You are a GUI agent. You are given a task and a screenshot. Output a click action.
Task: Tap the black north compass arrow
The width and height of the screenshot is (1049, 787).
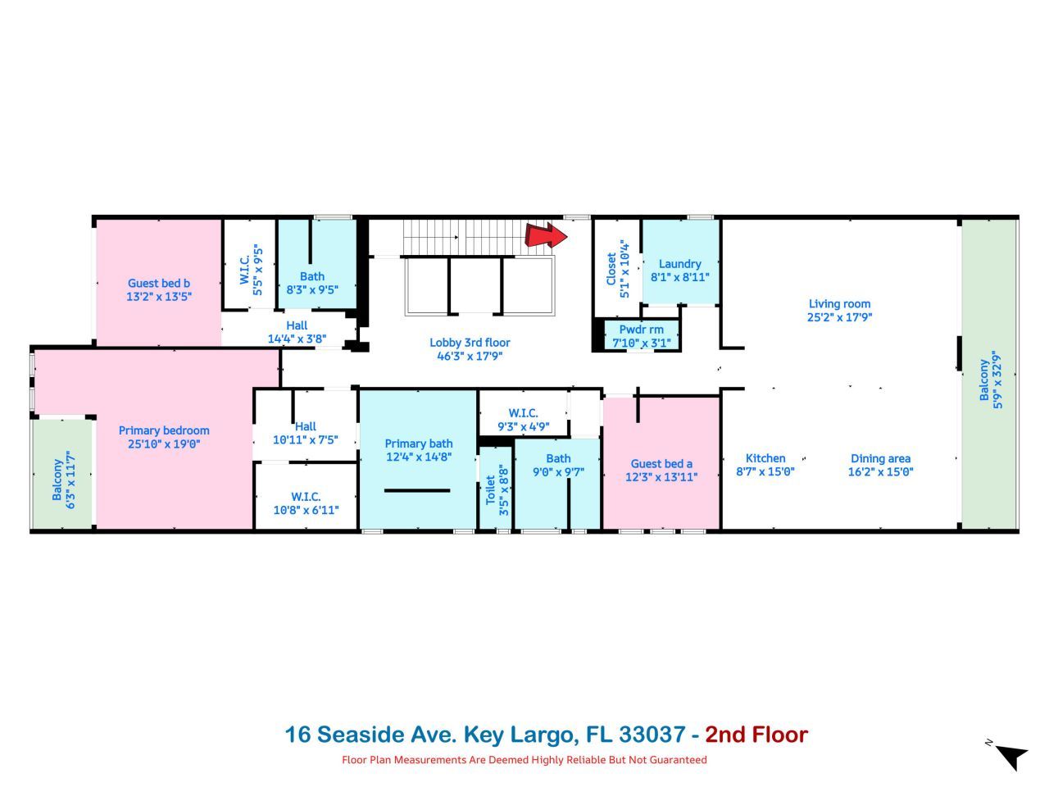(x=1013, y=756)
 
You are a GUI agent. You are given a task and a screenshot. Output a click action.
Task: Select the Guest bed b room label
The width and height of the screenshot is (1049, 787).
(x=159, y=284)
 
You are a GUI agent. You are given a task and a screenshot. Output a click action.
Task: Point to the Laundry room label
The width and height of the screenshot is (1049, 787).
(x=679, y=264)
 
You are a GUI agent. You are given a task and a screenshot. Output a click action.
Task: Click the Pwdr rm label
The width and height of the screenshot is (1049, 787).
(x=641, y=330)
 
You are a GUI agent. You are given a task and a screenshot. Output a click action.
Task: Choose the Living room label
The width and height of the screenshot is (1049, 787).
(x=839, y=304)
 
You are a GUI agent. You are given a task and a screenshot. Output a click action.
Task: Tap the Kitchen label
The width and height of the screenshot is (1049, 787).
(x=765, y=458)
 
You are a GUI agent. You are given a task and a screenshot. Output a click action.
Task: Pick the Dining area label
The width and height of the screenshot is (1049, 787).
(x=880, y=458)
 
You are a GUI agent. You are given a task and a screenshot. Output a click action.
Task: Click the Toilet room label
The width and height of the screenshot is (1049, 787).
(x=491, y=490)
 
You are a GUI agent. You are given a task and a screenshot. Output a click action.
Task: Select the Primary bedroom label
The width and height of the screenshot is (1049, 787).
(x=164, y=430)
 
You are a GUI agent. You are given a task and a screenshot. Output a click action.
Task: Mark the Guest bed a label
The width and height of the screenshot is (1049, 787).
(x=661, y=464)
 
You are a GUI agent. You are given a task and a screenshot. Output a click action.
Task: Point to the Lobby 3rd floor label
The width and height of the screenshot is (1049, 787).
(x=470, y=343)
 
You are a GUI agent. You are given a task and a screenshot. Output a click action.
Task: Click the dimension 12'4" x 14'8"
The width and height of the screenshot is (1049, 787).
(x=419, y=457)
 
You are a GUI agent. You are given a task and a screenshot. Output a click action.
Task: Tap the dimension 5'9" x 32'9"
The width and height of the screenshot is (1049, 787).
(x=997, y=380)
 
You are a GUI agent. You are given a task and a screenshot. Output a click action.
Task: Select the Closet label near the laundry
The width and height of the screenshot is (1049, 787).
(x=611, y=269)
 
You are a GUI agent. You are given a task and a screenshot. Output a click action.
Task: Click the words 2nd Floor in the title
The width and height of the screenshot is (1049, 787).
(x=756, y=735)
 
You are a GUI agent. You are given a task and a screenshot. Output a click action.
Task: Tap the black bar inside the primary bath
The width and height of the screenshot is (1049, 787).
(x=417, y=490)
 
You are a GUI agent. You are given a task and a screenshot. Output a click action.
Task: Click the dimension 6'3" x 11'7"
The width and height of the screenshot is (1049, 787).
(x=71, y=480)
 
